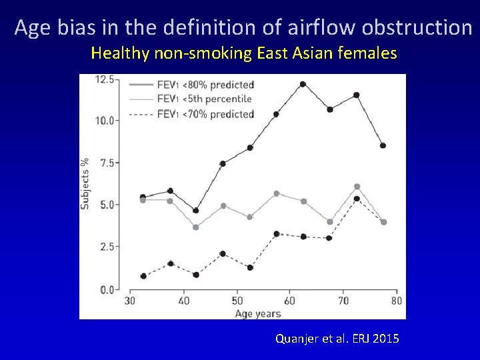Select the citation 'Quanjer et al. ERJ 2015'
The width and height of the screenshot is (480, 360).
tap(337, 339)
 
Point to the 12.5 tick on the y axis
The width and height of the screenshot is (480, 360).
tap(105, 79)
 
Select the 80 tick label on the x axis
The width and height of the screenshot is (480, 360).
tap(396, 301)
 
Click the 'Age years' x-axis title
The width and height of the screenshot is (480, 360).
tap(257, 313)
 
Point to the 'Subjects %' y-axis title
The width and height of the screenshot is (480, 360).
tap(85, 184)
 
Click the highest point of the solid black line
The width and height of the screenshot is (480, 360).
tap(303, 84)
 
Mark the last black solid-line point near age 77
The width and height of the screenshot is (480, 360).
tap(383, 145)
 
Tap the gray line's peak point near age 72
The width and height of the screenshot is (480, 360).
tap(357, 187)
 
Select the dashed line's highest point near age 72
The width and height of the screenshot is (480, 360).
tap(357, 199)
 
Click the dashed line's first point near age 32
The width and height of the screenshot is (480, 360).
tap(143, 276)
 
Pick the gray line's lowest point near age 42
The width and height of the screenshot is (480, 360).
tap(195, 227)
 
